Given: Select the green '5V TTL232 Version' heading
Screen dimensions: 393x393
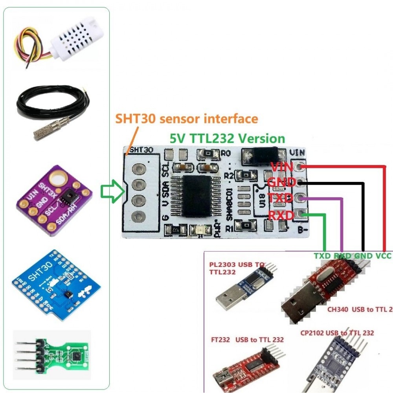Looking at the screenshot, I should tap(227, 138).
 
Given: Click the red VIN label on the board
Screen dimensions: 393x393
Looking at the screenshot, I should tap(282, 167).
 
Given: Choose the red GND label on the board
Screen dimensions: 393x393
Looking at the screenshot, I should tap(281, 182).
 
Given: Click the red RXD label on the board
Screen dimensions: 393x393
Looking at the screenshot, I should tap(281, 215).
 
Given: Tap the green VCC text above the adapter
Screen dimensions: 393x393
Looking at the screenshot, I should tap(383, 256).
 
